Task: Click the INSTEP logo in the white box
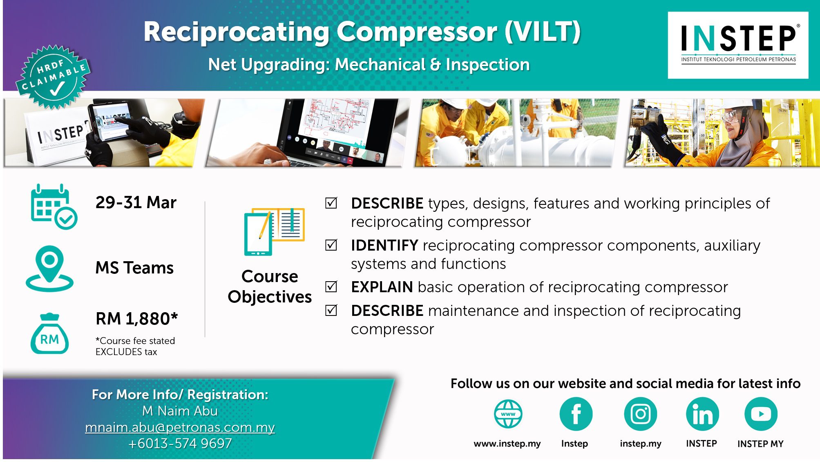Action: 738,44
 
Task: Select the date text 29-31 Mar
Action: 136,202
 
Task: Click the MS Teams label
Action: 134,268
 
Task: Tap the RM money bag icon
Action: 49,333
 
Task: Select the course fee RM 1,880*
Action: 137,319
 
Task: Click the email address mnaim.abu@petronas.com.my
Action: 180,427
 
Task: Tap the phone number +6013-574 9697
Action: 180,443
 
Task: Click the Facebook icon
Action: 576,414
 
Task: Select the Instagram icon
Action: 640,414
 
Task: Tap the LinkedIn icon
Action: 702,414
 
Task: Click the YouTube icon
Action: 761,414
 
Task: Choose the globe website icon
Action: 508,414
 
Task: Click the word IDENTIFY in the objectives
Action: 384,245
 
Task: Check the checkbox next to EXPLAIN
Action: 331,287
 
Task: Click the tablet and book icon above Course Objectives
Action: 274,231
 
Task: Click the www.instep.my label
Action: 507,444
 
